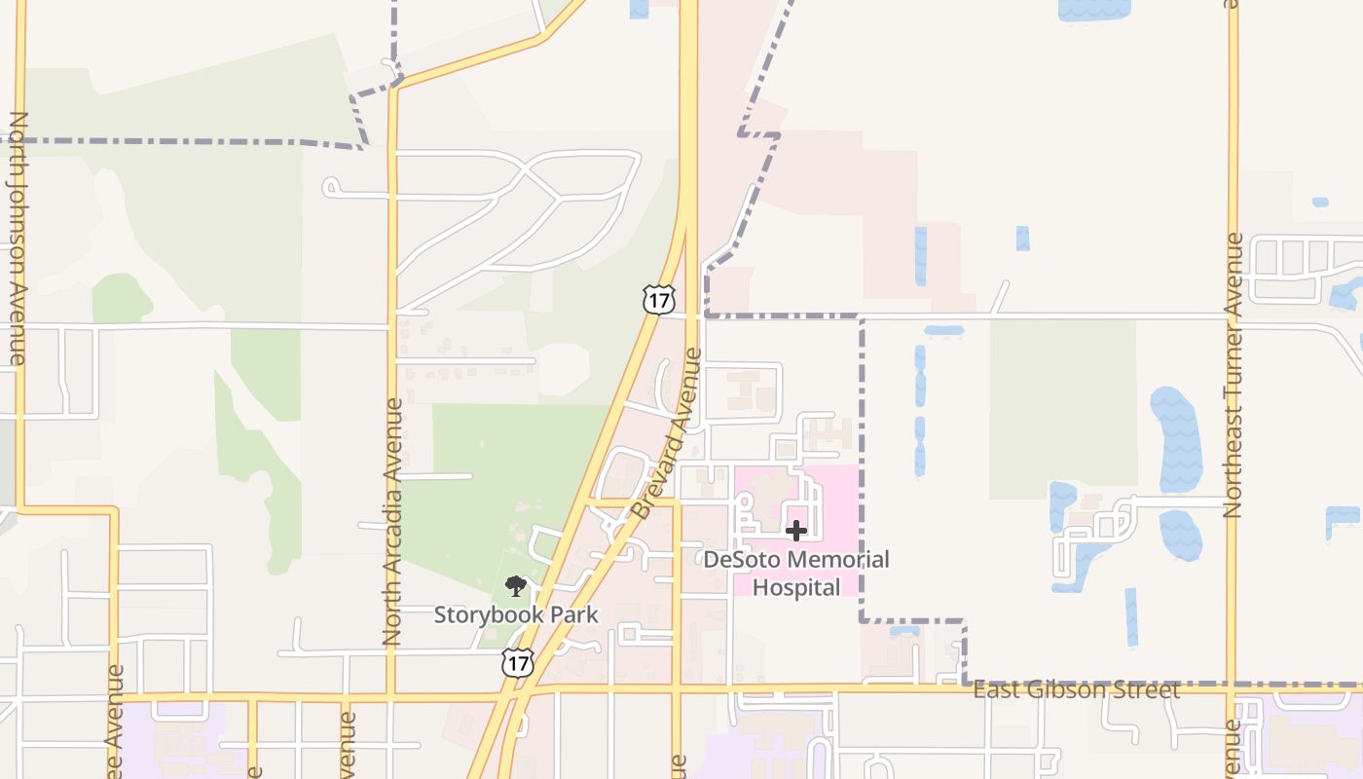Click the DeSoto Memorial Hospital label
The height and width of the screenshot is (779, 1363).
796,574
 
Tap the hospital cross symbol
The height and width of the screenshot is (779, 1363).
796,531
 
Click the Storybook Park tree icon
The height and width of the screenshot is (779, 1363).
516,586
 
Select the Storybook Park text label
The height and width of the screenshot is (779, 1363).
516,614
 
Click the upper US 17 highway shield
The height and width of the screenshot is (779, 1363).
659,299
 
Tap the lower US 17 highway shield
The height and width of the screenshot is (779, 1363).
517,663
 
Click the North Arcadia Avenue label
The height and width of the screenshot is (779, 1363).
392,522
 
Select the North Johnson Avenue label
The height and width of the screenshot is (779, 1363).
18,239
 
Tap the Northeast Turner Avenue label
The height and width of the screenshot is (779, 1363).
1234,375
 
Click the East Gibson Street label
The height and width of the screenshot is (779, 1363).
1076,690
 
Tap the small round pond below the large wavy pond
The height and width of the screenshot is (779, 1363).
1180,536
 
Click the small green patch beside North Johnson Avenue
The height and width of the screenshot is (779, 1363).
122,298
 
